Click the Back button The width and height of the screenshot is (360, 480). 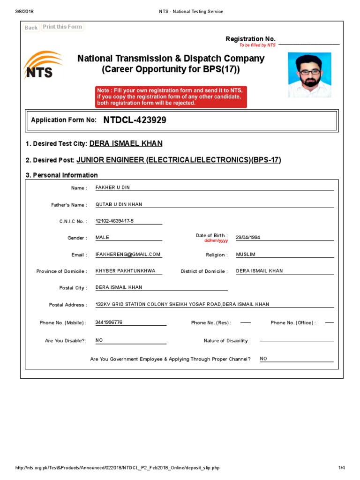(31, 28)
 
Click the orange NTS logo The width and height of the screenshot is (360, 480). (42, 66)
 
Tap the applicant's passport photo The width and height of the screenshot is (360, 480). (309, 75)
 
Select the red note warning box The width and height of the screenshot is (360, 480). (171, 97)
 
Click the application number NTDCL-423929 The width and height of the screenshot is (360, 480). (135, 120)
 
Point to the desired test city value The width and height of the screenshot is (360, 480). (126, 144)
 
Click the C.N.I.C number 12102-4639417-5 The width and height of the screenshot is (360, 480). (114, 221)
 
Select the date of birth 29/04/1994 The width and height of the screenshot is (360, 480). (248, 238)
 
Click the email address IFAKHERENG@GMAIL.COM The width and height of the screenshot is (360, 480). (128, 255)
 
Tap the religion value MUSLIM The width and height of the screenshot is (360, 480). (246, 255)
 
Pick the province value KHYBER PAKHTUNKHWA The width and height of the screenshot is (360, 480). (125, 271)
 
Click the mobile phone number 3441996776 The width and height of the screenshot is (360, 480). (109, 322)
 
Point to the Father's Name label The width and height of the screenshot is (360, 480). (69, 205)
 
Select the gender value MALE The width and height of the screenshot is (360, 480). (102, 238)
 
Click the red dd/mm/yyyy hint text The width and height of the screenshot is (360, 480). (216, 240)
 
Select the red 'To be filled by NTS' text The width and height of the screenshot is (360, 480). (257, 45)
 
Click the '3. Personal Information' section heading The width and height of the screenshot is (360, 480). (61, 175)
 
